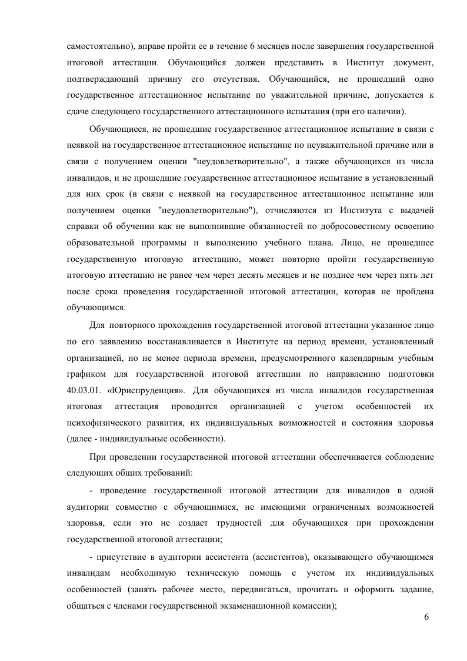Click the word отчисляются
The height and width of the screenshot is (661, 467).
pos(291,211)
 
